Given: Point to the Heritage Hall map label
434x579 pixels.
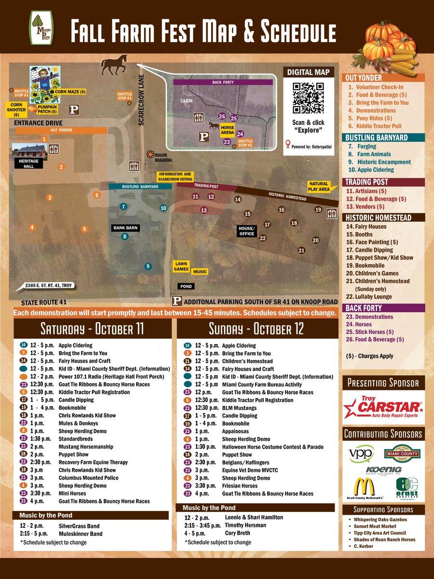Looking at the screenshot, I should point(28,163).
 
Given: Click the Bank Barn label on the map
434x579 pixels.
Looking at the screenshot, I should point(126,227).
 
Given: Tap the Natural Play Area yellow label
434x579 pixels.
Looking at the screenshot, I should point(319,186).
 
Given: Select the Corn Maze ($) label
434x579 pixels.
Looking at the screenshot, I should point(70,91).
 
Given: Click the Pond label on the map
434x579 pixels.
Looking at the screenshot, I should point(186,286).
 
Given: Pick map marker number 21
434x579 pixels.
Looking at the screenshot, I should point(301,250).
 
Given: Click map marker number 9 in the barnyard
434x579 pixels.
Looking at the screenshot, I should point(148,266).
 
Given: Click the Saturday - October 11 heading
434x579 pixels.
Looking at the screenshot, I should point(92,330).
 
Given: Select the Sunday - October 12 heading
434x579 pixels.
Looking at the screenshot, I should point(256,330).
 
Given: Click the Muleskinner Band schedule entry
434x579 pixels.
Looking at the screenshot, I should point(81,534).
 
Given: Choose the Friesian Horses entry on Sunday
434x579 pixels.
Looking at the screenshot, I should point(240,485).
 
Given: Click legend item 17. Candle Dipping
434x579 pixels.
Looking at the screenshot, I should point(369,250).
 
